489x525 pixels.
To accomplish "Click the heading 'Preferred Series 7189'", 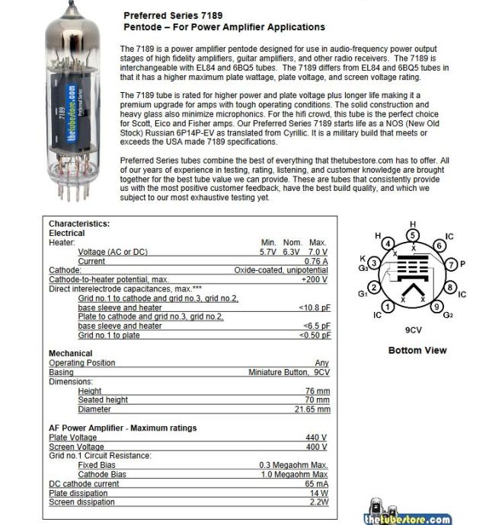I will click(x=172, y=15).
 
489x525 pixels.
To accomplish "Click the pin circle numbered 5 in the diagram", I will click(x=413, y=236).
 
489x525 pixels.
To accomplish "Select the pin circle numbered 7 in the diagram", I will click(x=451, y=264).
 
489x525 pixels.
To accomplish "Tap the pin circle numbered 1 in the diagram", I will click(x=388, y=307).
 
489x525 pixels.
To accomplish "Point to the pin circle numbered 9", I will click(x=436, y=307).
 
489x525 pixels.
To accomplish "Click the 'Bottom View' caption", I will click(x=417, y=350).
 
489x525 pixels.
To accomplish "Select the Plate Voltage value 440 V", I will click(x=316, y=437).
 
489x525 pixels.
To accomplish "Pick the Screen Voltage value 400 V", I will click(x=316, y=447).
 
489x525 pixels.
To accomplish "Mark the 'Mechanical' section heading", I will click(x=71, y=354).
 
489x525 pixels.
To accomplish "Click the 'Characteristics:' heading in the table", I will click(x=79, y=224).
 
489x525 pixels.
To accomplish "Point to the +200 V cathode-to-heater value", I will click(x=314, y=279).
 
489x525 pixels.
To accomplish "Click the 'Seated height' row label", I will click(x=103, y=400).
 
